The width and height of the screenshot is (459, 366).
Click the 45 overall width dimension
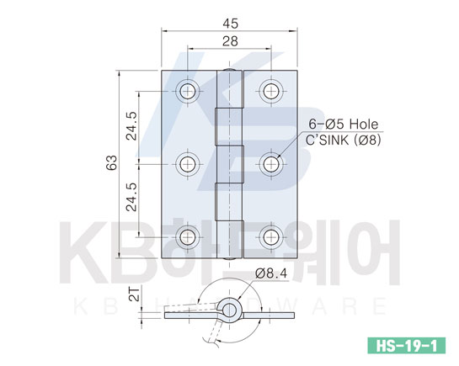[231, 24]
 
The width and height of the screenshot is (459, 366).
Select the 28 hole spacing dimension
[230, 41]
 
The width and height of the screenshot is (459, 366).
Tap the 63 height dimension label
[112, 163]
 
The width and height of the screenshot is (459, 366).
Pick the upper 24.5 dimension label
[131, 126]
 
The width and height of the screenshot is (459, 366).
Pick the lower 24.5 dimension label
[131, 197]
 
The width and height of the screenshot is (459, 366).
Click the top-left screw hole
[188, 91]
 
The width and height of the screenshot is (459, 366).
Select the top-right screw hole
[271, 91]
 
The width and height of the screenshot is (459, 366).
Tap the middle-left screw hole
[188, 164]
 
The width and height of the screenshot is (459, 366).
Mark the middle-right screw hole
[271, 164]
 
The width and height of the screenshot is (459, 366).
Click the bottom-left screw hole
[188, 237]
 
